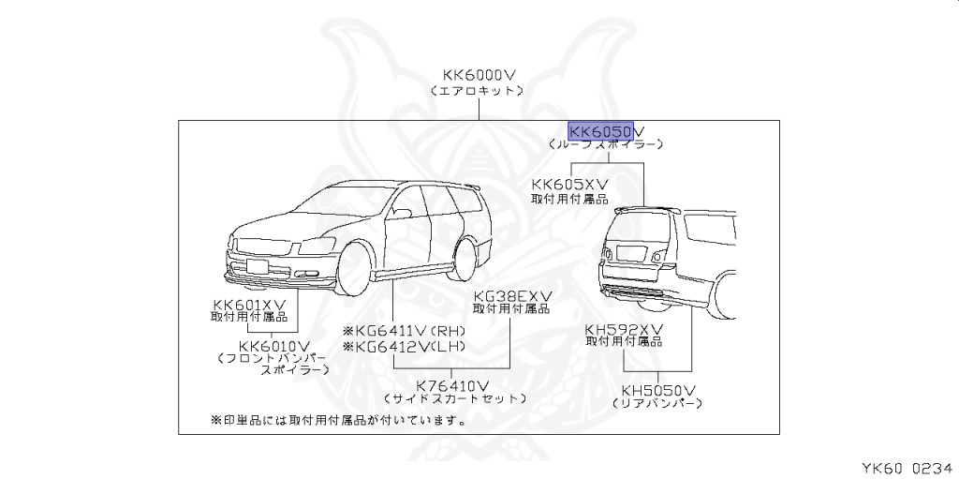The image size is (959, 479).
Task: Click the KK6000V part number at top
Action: point(479,76)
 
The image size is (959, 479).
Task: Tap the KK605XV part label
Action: point(569,185)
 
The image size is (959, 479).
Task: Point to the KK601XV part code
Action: point(248,304)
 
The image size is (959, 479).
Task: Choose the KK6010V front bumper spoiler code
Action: point(273,345)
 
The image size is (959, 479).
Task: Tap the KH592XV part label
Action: point(624,329)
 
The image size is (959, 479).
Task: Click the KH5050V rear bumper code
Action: point(657,389)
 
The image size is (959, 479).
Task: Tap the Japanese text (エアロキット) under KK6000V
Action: point(479,92)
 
